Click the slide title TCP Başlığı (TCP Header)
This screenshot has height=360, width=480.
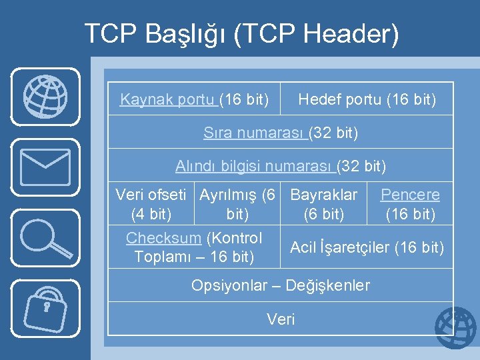click(x=241, y=34)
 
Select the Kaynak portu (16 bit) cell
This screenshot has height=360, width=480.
click(x=194, y=100)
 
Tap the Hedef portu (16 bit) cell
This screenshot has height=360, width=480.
click(x=367, y=100)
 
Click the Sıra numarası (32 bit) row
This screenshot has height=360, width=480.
click(x=280, y=133)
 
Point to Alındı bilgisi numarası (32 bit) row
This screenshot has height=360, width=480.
click(x=280, y=165)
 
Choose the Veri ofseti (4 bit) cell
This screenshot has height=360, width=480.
click(x=151, y=204)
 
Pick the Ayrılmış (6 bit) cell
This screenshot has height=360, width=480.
click(x=237, y=204)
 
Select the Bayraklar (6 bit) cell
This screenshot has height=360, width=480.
click(x=324, y=204)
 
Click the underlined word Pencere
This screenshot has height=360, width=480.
click(x=410, y=195)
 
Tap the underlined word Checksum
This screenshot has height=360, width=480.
click(x=163, y=238)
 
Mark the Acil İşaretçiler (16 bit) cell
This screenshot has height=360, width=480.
click(x=367, y=248)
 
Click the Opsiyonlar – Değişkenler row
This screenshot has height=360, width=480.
click(x=280, y=285)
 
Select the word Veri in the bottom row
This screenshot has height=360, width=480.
click(x=281, y=319)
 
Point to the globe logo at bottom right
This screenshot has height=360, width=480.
click(x=456, y=329)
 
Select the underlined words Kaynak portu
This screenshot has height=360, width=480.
click(x=168, y=100)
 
